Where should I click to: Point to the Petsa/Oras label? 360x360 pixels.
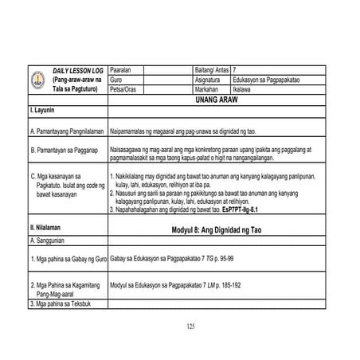click(124, 90)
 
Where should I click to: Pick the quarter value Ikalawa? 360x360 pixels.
click(243, 90)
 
